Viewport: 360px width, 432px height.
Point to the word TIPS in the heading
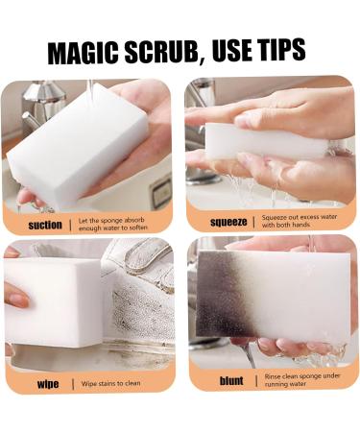click(x=281, y=50)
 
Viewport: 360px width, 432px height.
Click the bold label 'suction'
click(x=45, y=225)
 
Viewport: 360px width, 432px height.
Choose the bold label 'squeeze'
click(x=228, y=221)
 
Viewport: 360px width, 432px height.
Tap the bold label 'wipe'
click(x=47, y=384)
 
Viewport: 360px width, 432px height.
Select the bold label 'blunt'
click(x=231, y=381)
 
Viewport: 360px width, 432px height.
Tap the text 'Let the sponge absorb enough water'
click(x=118, y=225)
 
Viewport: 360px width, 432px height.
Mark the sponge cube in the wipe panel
click(x=53, y=302)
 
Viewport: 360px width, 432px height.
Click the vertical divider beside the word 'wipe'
click(x=71, y=384)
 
